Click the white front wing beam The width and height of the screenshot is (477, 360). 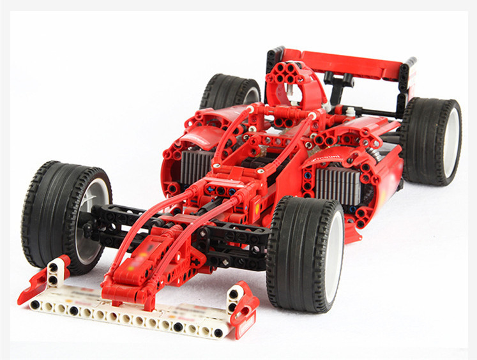128,313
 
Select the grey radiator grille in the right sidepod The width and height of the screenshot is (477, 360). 338,185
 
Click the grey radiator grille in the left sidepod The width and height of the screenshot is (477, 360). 195,165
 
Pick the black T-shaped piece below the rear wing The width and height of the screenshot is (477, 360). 338,80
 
